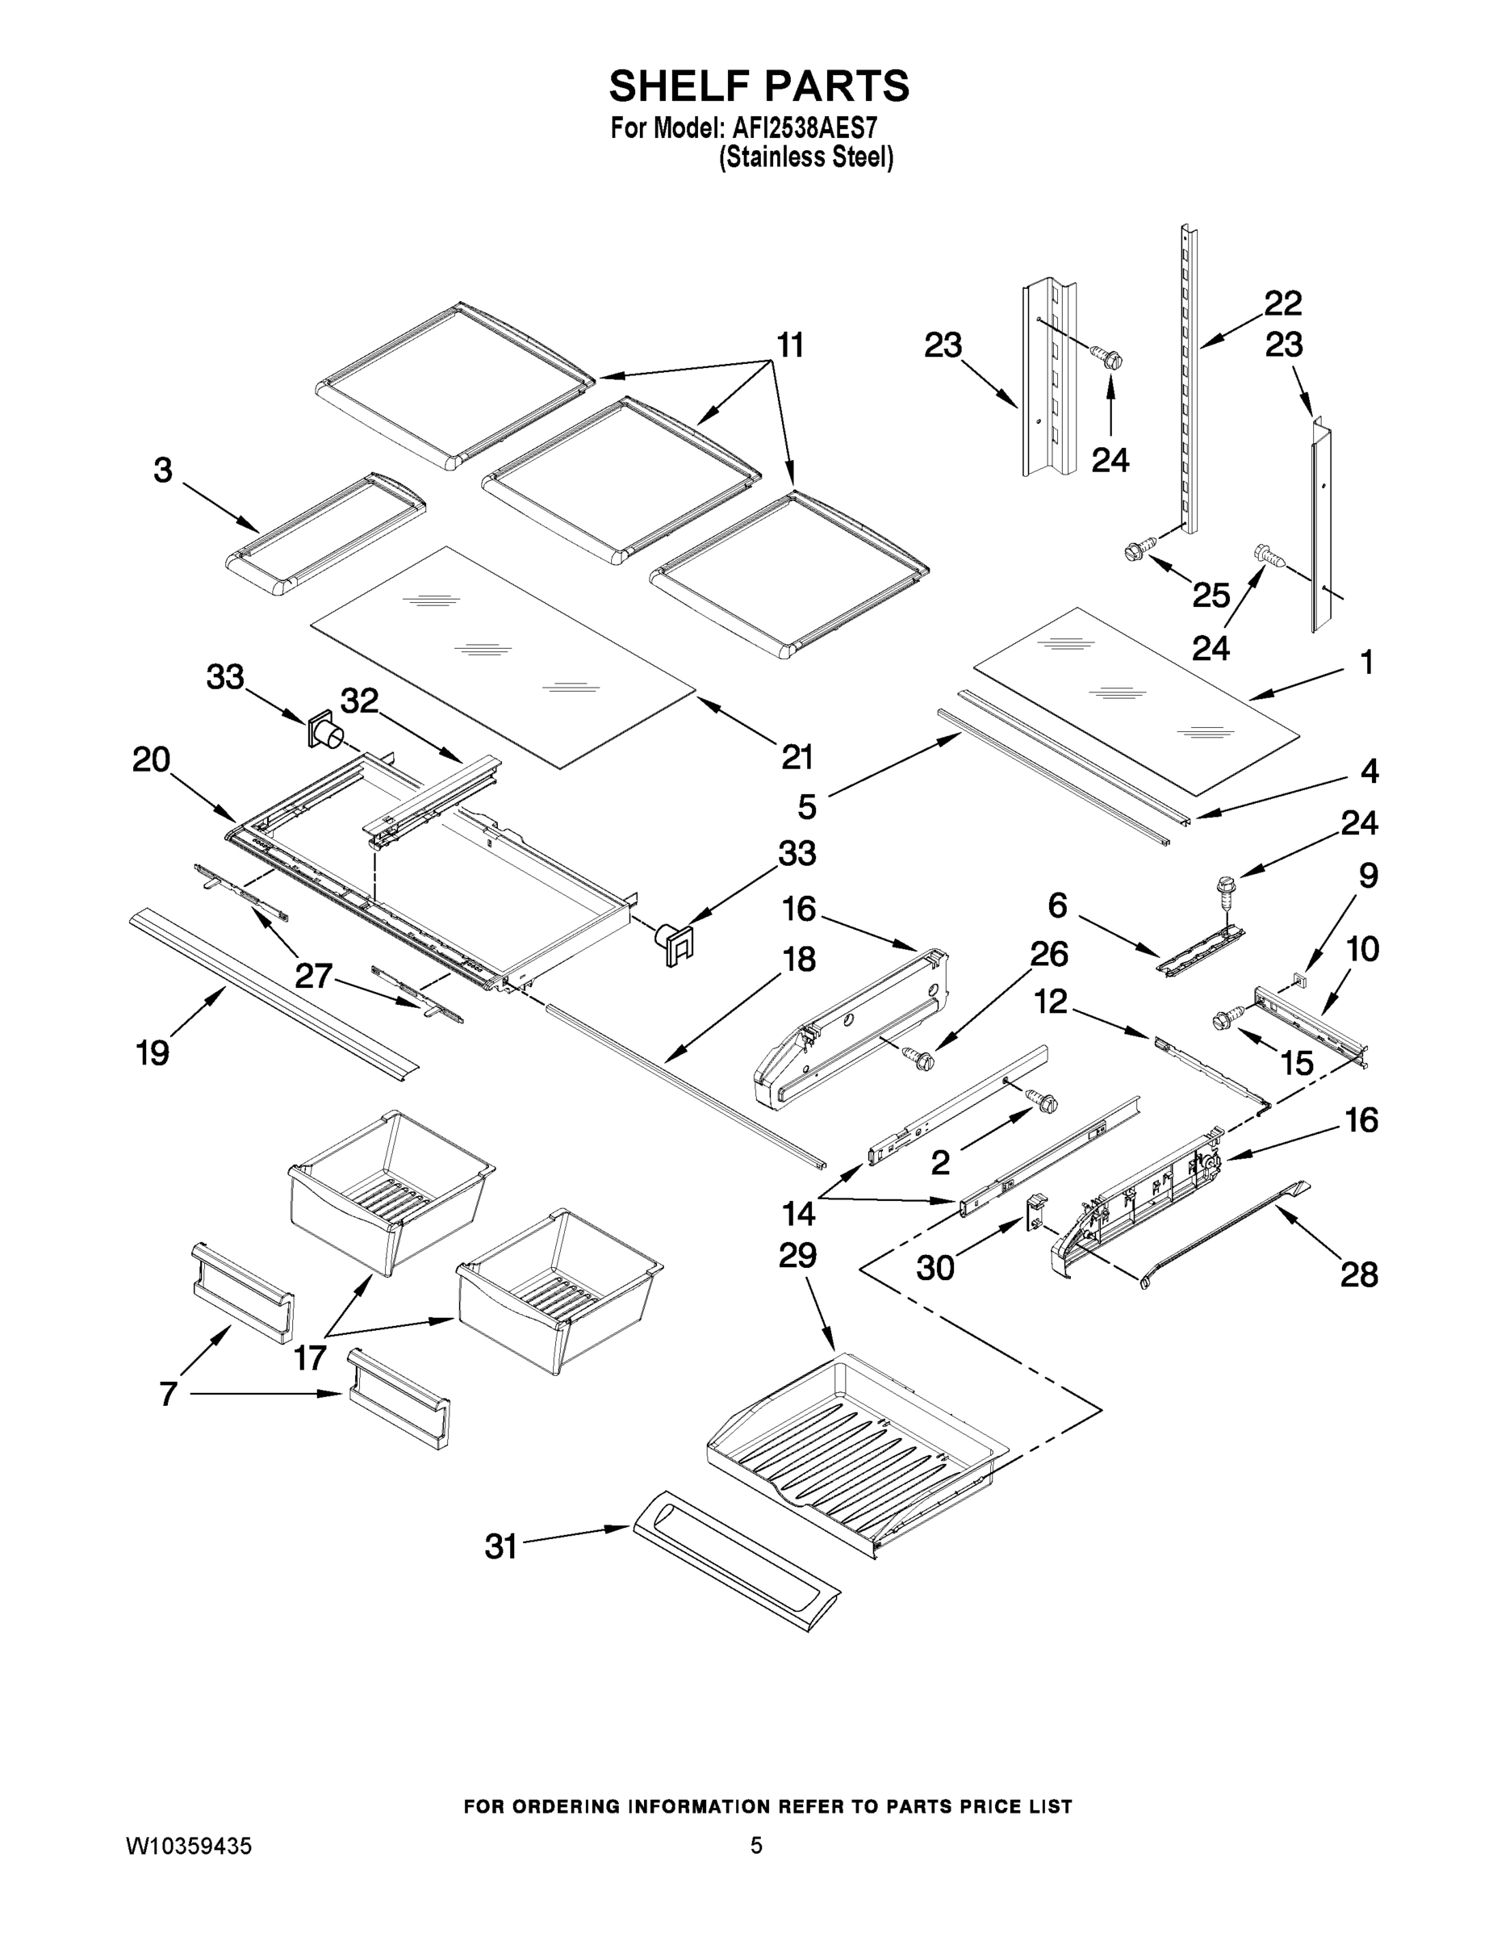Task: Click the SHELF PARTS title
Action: [759, 86]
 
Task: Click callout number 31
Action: [501, 1546]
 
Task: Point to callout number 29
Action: [797, 1256]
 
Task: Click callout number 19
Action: [152, 1052]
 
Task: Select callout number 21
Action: [797, 756]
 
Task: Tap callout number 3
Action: [162, 470]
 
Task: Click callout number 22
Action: [1282, 303]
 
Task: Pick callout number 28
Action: [1359, 1274]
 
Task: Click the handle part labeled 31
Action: [736, 1560]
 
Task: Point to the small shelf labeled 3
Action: [325, 538]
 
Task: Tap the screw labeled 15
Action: [1225, 1023]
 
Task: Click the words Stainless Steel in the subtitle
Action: [805, 158]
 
